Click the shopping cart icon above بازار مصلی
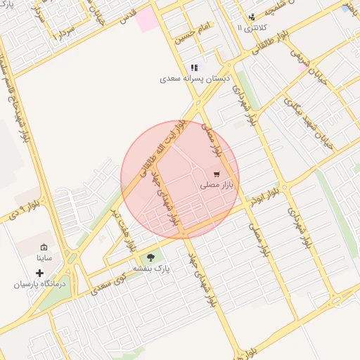coord(216,174)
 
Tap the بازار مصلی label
coord(217,185)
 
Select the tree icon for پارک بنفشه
coord(151,257)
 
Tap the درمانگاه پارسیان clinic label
coord(39,285)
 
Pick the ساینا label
coord(44,259)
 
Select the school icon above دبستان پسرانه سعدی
coord(194,67)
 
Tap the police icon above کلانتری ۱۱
coord(252,17)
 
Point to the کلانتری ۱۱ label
coord(250,27)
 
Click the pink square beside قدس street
coord(147,20)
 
